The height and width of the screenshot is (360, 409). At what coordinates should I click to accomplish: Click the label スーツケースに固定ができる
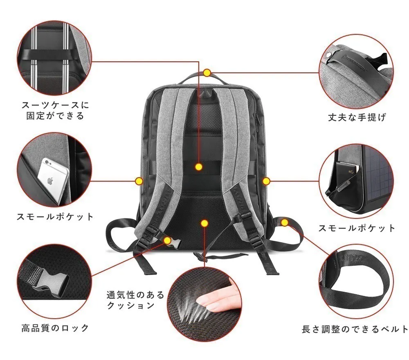pyautogui.click(x=55, y=110)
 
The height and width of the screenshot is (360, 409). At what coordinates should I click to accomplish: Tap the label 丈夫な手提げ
pyautogui.click(x=357, y=118)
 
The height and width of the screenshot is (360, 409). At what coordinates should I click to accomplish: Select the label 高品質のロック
pyautogui.click(x=55, y=328)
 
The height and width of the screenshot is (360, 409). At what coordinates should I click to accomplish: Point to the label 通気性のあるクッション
pyautogui.click(x=135, y=300)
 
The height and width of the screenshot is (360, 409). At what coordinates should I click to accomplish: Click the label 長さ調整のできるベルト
pyautogui.click(x=355, y=329)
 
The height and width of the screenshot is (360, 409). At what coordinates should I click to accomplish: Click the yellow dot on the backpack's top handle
pyautogui.click(x=207, y=73)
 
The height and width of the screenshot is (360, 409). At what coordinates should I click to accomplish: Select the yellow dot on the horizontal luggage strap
pyautogui.click(x=199, y=167)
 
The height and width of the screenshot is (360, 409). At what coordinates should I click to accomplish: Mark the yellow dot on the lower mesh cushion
pyautogui.click(x=205, y=223)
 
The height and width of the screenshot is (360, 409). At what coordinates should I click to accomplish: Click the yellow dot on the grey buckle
pyautogui.click(x=167, y=240)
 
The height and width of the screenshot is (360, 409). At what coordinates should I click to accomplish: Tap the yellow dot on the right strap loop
pyautogui.click(x=285, y=223)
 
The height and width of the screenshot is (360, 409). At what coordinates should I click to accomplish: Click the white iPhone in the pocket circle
pyautogui.click(x=53, y=180)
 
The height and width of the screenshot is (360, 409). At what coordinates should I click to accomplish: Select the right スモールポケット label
pyautogui.click(x=357, y=228)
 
